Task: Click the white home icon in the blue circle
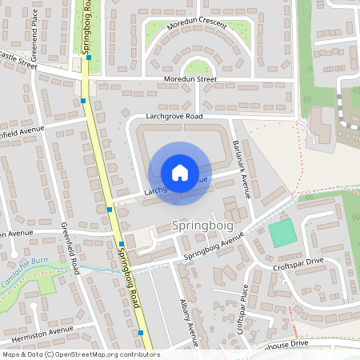point(180,172)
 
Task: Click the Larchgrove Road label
point(174,117)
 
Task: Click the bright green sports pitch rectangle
point(282,234)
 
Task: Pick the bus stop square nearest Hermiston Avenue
point(141,333)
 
